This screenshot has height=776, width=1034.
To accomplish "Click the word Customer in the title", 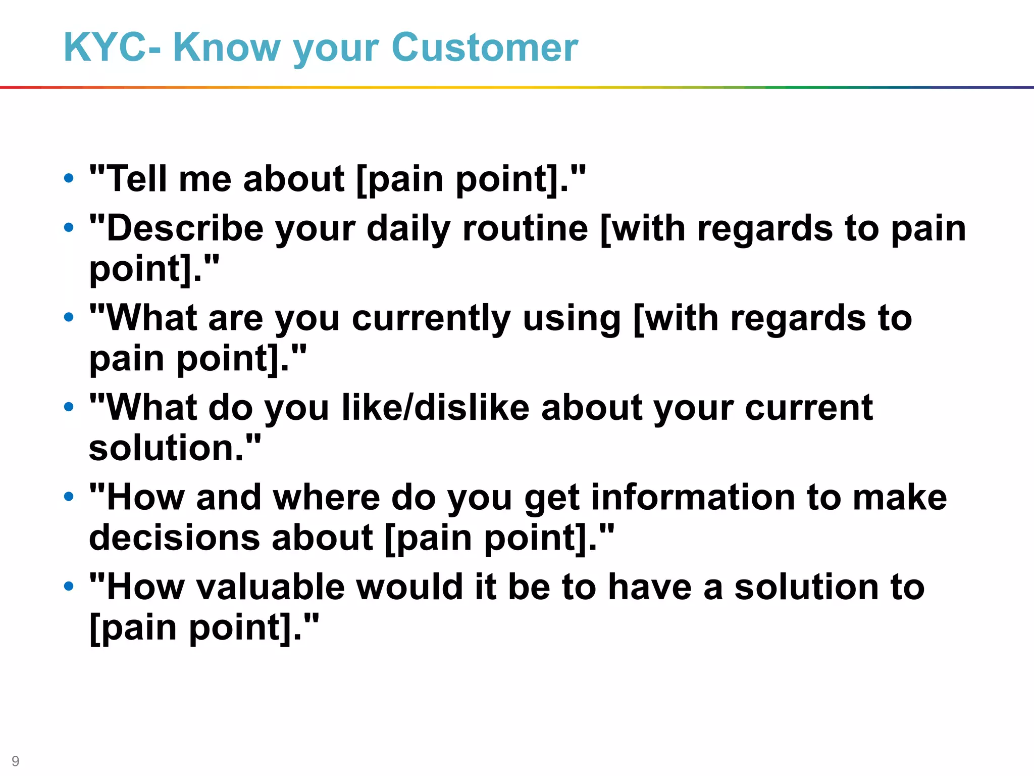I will click(x=485, y=47).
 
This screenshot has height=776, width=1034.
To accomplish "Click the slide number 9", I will click(x=15, y=761).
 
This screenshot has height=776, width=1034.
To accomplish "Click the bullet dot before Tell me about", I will click(x=69, y=178).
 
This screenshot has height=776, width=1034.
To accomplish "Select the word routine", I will click(x=525, y=228).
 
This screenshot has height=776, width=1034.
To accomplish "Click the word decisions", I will click(x=174, y=537).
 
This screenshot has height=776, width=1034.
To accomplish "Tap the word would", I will click(x=409, y=587).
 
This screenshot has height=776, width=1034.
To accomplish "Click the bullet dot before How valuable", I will click(x=69, y=586).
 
